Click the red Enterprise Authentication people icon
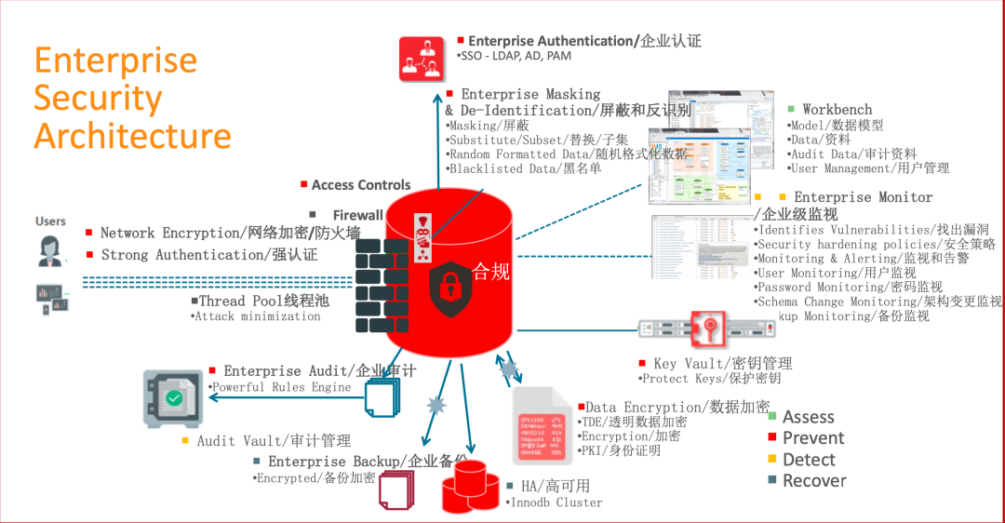(x=422, y=58)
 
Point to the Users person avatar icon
(x=50, y=250)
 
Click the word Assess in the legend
(x=808, y=418)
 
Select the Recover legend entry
(x=814, y=481)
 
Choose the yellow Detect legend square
(x=772, y=459)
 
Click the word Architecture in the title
(x=132, y=136)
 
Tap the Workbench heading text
(x=837, y=110)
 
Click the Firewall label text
(x=357, y=215)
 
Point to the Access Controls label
(x=361, y=185)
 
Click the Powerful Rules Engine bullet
(x=282, y=387)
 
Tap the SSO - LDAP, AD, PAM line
(x=517, y=57)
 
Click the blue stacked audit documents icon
(x=382, y=397)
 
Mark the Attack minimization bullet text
(x=257, y=316)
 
